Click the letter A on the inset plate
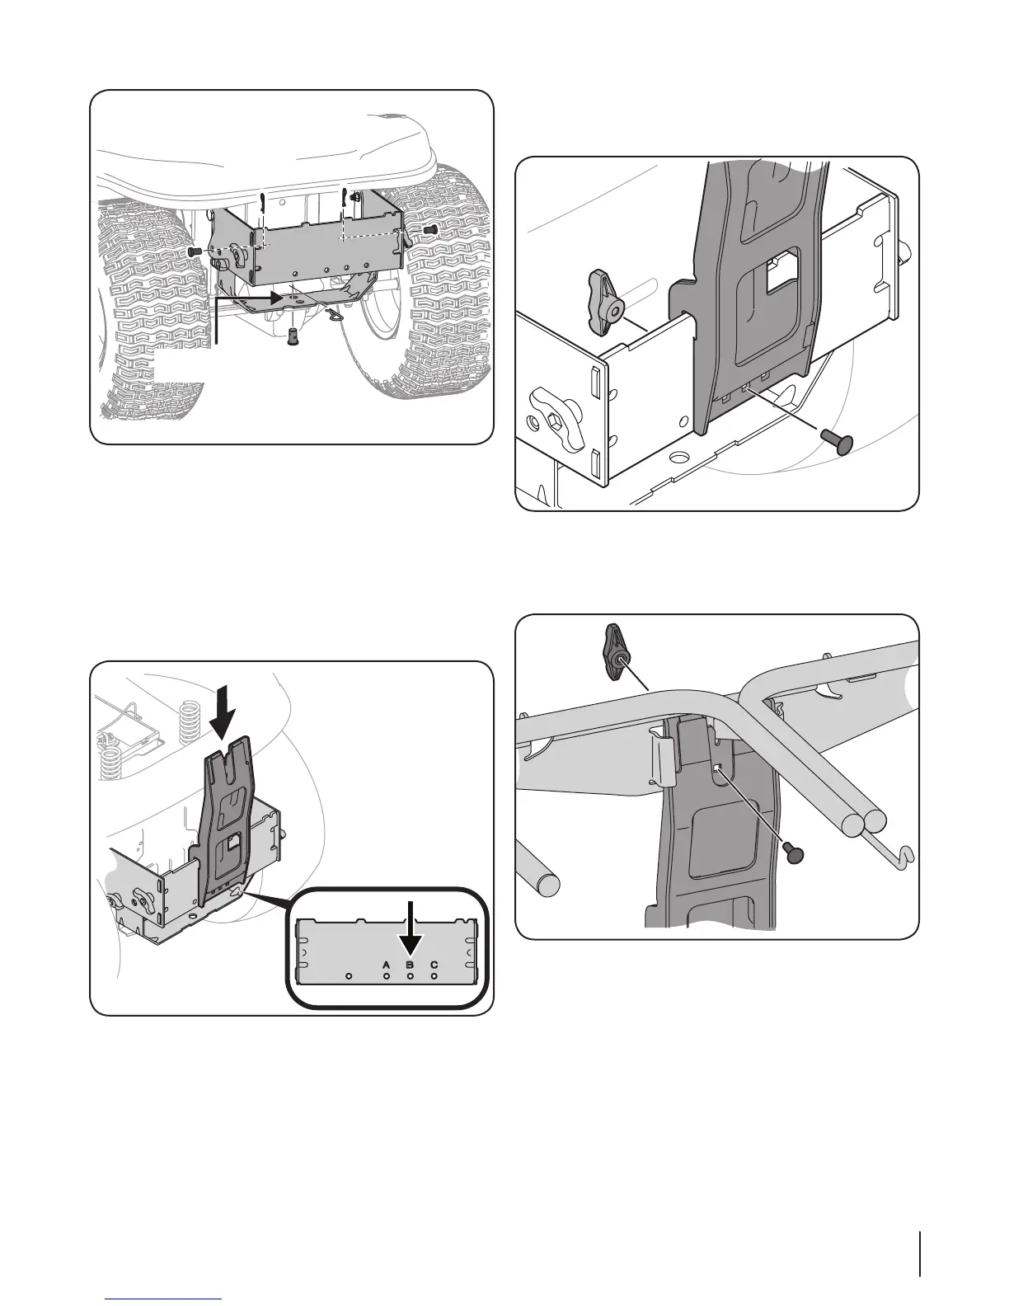[x=385, y=963]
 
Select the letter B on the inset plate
[x=410, y=963]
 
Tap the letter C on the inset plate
[x=434, y=963]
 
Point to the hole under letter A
[x=386, y=978]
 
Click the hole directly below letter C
[x=434, y=978]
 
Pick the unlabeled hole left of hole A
[x=349, y=978]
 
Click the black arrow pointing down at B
[x=410, y=928]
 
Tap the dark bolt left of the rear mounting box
[x=195, y=250]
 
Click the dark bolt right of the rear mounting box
[x=429, y=228]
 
